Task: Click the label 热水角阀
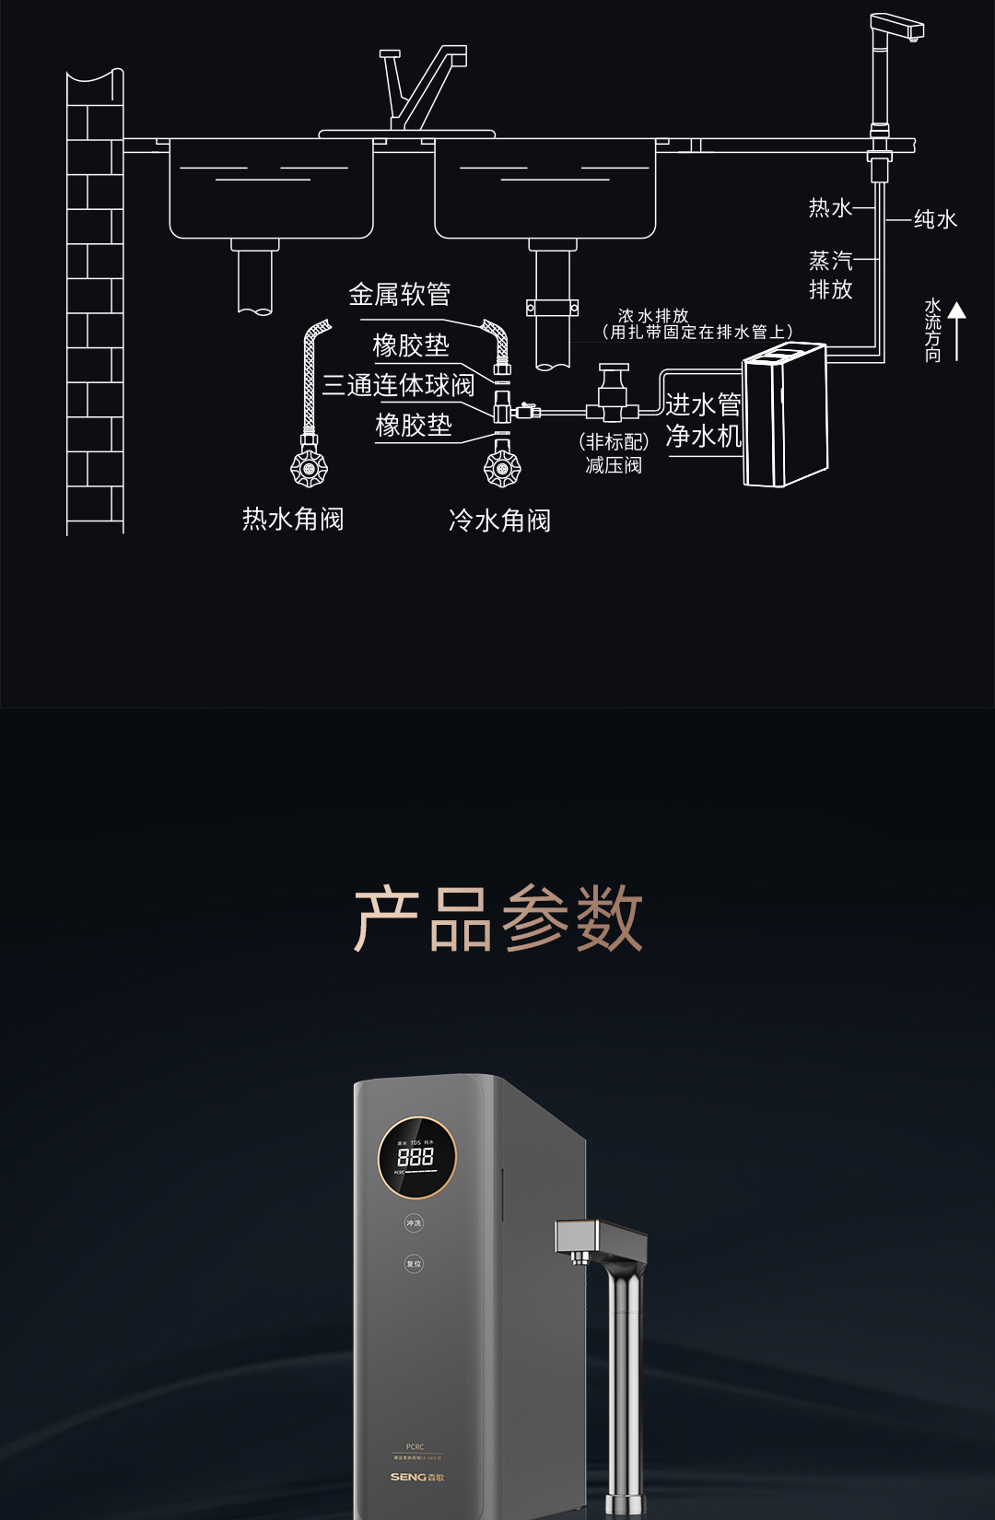pyautogui.click(x=293, y=520)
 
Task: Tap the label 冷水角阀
pyautogui.click(x=499, y=521)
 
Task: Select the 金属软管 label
pyautogui.click(x=399, y=295)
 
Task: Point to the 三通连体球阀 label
pyautogui.click(x=398, y=385)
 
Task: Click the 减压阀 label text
pyautogui.click(x=614, y=465)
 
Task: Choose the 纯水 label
pyautogui.click(x=935, y=219)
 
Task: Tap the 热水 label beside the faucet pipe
pyautogui.click(x=830, y=208)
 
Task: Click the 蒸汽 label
pyautogui.click(x=830, y=261)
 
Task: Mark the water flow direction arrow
pyautogui.click(x=957, y=331)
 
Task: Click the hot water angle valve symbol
pyautogui.click(x=309, y=468)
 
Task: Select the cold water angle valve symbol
pyautogui.click(x=502, y=468)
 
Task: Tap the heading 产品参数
pyautogui.click(x=497, y=918)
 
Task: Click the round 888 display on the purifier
pyautogui.click(x=416, y=1157)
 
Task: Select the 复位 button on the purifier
pyautogui.click(x=414, y=1264)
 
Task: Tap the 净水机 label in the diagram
pyautogui.click(x=703, y=436)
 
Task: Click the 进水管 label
pyautogui.click(x=703, y=404)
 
